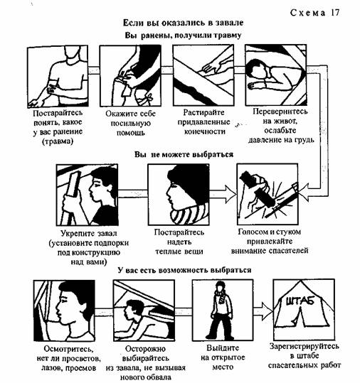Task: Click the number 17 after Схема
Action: pos(335,13)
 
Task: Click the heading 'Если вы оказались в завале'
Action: pos(183,23)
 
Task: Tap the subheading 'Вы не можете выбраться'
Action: pos(184,154)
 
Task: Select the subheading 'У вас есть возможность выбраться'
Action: pos(184,270)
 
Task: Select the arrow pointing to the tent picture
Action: pos(263,311)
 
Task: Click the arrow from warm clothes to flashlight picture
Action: pos(223,194)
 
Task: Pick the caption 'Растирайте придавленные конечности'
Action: pos(203,122)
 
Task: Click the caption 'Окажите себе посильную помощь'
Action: pos(130,123)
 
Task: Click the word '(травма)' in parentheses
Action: pos(58,141)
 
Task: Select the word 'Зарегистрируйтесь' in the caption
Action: pos(305,346)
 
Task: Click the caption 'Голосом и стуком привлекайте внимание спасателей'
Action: pos(269,241)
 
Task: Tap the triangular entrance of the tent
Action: pos(300,317)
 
